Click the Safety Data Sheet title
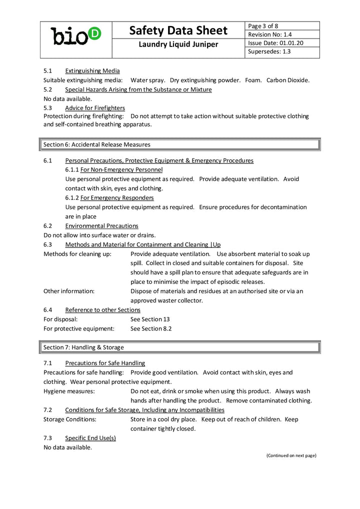coord(178,30)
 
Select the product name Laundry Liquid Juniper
coord(178,44)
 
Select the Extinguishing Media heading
coord(92,71)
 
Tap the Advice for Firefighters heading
coord(94,108)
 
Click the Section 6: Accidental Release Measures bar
coord(179,144)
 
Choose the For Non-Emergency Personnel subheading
coord(121,170)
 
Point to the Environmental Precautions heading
coord(101,226)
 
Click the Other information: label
coord(69,291)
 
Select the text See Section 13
coord(150,319)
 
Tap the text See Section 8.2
coord(151,328)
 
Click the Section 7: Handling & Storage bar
coord(179,347)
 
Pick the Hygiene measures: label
coord(69,391)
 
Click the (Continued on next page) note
coord(291,455)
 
